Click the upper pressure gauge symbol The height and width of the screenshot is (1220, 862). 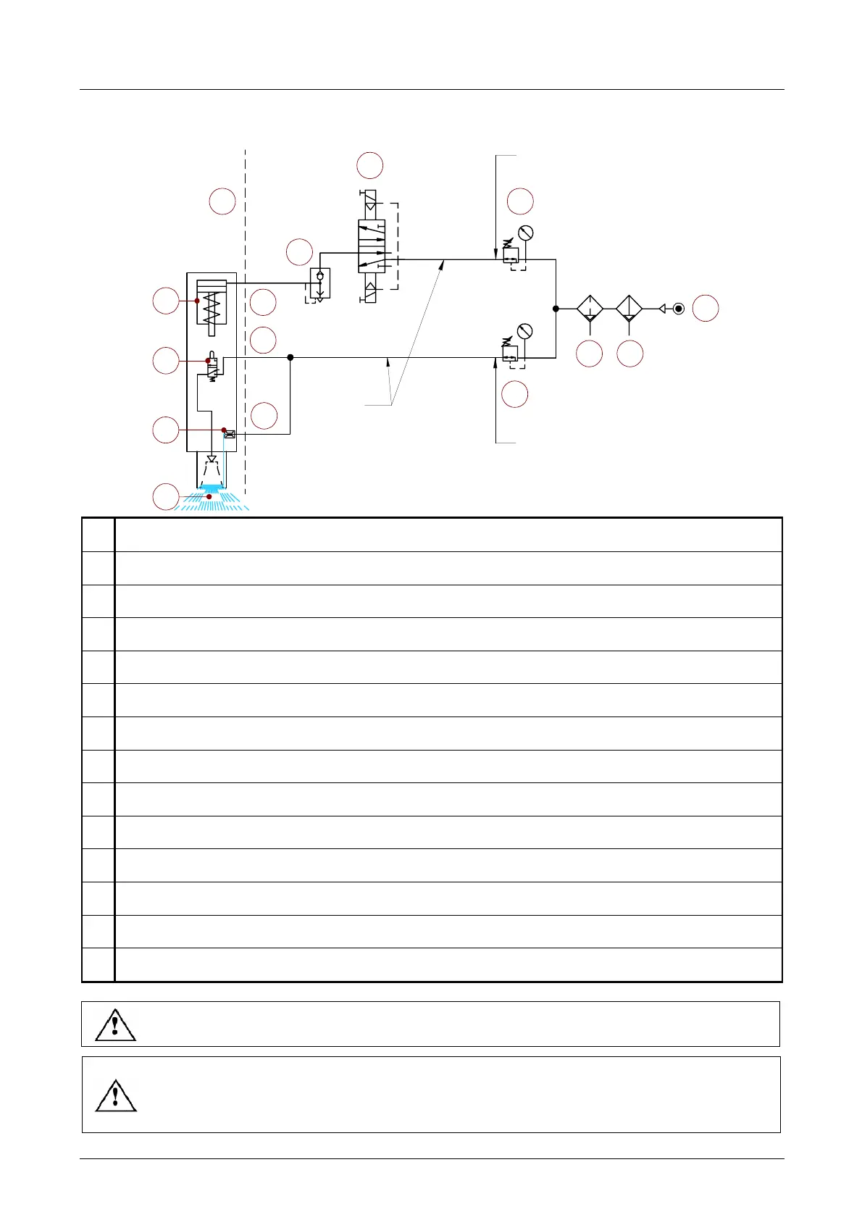pos(526,233)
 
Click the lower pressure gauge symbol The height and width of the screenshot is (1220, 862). pos(526,332)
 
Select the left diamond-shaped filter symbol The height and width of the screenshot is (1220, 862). pos(590,309)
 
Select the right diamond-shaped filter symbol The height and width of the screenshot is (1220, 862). pos(629,309)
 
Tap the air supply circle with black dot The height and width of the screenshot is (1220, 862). pos(678,309)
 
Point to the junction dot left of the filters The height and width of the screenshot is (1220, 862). pos(556,309)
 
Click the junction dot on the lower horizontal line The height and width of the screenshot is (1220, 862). pos(290,357)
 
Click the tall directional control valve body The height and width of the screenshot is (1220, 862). pos(372,246)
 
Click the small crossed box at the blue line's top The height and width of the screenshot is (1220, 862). pos(230,435)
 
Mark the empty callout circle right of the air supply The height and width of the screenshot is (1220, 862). pos(705,308)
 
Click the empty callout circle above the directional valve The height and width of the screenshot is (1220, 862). pos(370,165)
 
